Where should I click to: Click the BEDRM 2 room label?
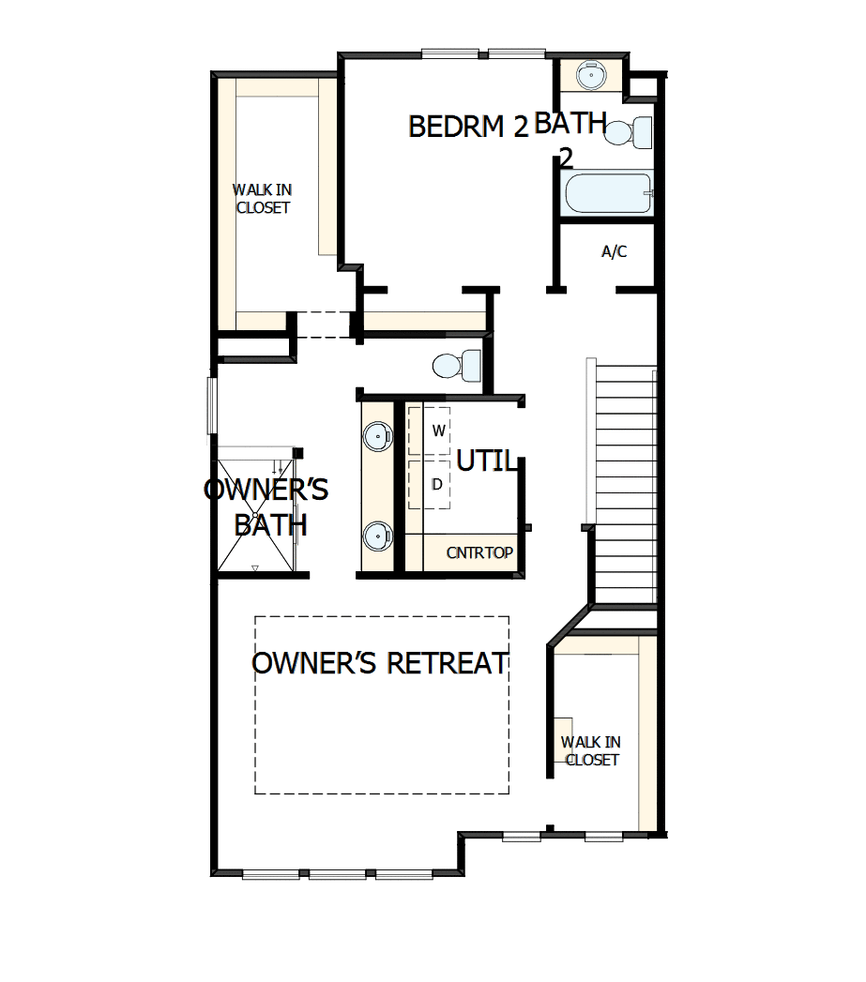point(469,127)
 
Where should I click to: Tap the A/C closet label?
point(614,251)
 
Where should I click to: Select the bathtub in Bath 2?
point(608,195)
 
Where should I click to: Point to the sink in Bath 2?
point(591,74)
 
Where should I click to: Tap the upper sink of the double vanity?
point(377,434)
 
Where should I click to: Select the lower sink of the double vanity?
point(377,536)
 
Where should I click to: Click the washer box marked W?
point(436,431)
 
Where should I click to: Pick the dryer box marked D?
point(436,485)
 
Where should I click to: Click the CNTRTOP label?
point(479,552)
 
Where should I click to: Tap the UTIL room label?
point(485,461)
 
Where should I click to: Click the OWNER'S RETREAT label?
point(380,663)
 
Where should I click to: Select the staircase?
point(624,483)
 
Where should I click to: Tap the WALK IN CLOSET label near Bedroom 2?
point(263,199)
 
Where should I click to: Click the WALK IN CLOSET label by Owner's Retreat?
point(591,750)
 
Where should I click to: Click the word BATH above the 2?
point(570,124)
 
